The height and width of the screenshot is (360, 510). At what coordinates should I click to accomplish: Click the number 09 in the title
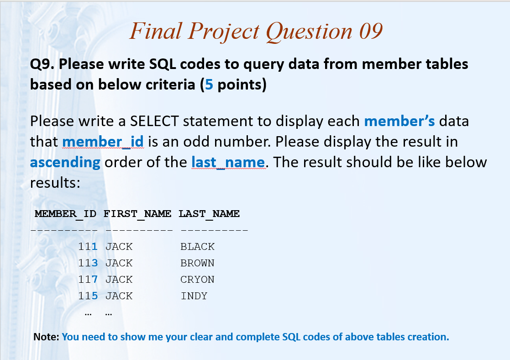coord(371,31)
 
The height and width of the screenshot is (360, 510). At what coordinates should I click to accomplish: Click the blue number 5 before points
coord(209,85)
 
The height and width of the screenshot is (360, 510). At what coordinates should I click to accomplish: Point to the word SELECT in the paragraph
coord(154,121)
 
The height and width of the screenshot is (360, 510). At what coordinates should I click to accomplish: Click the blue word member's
coord(400,121)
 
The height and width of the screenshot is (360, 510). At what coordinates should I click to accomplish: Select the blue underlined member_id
coord(103,142)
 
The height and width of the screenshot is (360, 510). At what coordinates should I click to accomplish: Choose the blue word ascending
coord(65,163)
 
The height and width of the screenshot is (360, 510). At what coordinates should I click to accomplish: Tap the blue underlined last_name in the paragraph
coord(228,162)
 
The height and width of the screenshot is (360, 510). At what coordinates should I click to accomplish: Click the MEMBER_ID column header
coord(66,214)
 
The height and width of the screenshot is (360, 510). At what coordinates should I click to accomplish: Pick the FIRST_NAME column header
coord(137,214)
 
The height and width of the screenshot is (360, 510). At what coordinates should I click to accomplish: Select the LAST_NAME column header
coord(209,214)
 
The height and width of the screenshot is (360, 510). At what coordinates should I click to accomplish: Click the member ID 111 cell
coord(88,246)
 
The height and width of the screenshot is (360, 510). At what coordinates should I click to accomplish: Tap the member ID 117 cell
coord(88,279)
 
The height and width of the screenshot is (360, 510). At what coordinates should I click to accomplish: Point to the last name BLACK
coord(197,246)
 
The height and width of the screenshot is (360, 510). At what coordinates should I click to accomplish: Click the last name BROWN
coord(197,263)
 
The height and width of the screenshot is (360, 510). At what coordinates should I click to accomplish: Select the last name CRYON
coord(197,279)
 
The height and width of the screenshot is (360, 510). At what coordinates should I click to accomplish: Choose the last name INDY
coord(194,296)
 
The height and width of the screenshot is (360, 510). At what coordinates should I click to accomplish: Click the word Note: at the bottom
coord(46,337)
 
